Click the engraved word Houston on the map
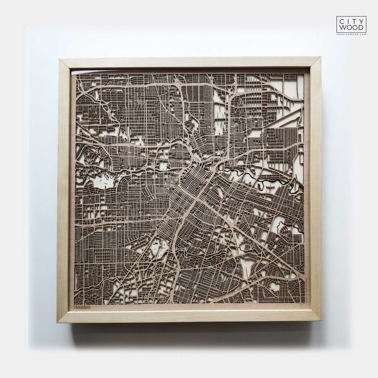tap(82, 307)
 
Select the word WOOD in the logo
tap(351, 28)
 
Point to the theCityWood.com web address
tap(351, 34)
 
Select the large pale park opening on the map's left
tap(101, 181)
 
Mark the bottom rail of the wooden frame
tap(189, 316)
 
